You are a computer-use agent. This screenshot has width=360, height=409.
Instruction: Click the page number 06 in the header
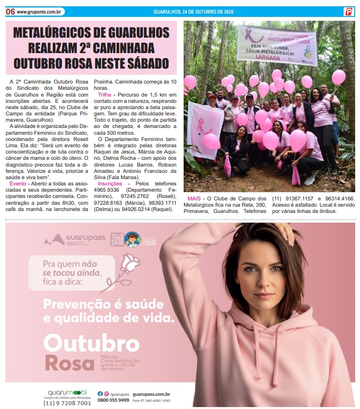10,12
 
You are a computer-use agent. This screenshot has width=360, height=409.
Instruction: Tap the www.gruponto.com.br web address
40,12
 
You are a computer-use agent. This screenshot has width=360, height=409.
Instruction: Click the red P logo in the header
348,12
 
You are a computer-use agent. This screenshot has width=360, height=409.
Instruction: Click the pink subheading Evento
18,184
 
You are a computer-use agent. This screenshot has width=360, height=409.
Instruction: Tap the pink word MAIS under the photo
194,198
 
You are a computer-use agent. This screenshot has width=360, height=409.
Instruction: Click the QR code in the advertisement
117,240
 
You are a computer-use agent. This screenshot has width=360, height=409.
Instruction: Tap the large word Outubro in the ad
91,343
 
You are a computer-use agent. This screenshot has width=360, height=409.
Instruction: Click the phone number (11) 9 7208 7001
67,403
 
